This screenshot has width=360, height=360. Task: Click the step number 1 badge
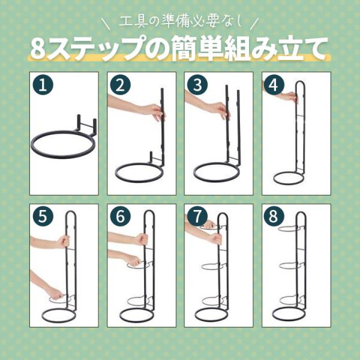[43, 85]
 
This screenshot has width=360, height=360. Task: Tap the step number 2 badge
[121, 85]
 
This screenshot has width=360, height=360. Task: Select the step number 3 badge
[197, 85]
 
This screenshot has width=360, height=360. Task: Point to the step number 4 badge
[274, 85]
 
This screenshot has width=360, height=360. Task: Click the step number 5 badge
[43, 216]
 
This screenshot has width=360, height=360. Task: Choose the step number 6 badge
[121, 216]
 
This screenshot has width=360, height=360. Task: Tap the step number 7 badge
[197, 216]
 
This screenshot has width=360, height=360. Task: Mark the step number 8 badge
[274, 216]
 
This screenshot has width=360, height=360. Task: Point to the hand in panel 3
[220, 110]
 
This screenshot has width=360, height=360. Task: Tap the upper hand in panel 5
[64, 242]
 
